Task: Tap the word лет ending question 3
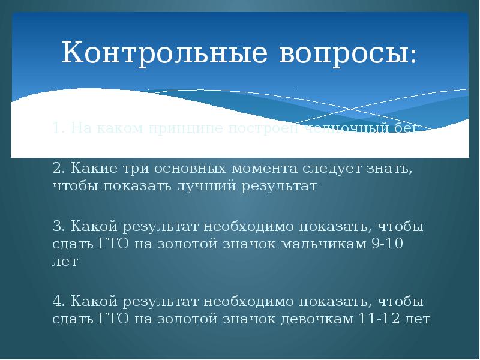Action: (65, 263)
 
